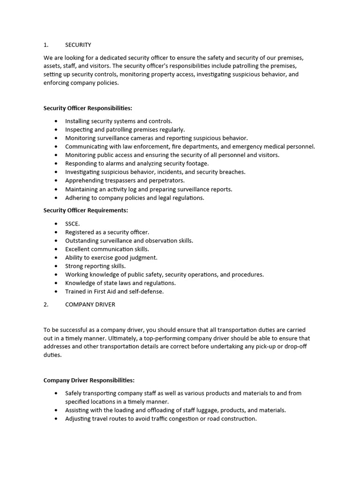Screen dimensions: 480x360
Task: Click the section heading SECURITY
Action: click(x=78, y=45)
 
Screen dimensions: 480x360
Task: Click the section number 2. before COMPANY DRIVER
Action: click(x=46, y=304)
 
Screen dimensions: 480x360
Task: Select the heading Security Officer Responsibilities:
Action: click(x=88, y=108)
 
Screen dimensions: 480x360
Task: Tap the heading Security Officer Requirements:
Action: click(x=85, y=210)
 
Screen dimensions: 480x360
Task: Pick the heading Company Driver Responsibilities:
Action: click(x=89, y=380)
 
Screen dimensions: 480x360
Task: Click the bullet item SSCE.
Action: click(x=72, y=224)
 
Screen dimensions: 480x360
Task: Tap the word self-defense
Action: click(x=147, y=292)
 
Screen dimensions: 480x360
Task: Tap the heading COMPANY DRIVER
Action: click(x=90, y=304)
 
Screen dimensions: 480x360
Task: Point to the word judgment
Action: click(x=142, y=258)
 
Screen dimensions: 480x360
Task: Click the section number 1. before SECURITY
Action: click(x=46, y=45)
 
